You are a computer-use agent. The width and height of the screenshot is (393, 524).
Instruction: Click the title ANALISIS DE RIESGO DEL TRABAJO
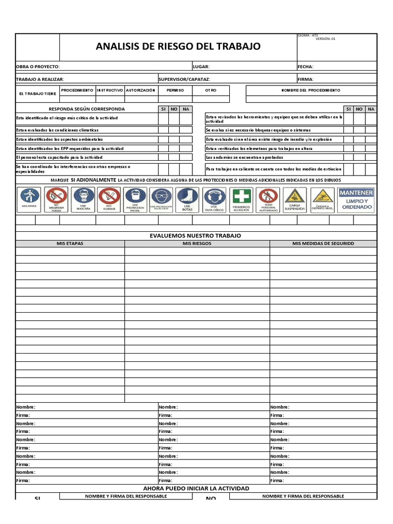178,47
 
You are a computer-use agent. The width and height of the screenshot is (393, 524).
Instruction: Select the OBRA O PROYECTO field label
38,67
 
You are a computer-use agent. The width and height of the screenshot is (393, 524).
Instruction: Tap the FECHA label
305,67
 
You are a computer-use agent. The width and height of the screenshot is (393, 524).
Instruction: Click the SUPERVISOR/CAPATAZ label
184,79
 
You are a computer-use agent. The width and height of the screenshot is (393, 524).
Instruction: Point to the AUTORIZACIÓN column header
141,90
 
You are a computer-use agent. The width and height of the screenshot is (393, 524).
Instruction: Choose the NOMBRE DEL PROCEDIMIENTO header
311,90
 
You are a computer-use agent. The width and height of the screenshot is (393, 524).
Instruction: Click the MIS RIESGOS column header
197,244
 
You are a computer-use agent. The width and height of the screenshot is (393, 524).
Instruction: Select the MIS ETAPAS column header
70,244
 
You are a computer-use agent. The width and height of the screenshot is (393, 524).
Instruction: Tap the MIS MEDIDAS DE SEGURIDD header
323,244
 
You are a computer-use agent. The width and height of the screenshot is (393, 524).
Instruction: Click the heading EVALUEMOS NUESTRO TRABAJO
195,235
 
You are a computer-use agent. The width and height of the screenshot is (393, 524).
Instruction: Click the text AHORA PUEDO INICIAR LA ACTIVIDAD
196,488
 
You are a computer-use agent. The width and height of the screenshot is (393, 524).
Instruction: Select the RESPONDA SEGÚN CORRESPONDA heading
86,109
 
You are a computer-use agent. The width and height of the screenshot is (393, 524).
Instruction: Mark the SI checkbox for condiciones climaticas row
163,130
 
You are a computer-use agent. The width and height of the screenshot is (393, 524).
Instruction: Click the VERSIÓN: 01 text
325,38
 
